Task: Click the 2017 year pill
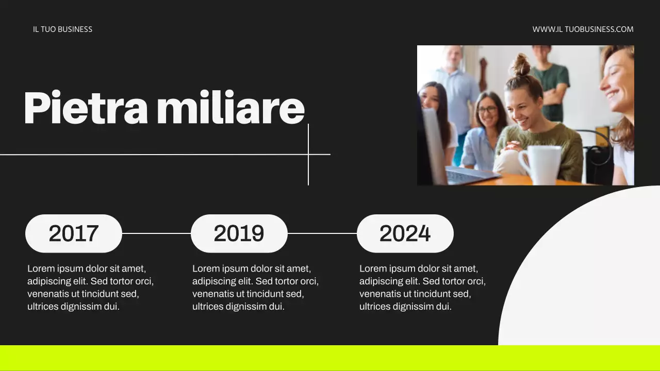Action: click(x=74, y=233)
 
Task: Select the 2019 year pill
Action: click(x=239, y=233)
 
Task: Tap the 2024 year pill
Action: click(x=405, y=233)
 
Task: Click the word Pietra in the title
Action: click(x=86, y=108)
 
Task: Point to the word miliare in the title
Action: click(x=230, y=108)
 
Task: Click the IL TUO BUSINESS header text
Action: click(x=62, y=29)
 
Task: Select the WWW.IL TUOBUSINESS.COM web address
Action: click(x=583, y=29)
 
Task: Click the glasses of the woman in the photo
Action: click(x=487, y=110)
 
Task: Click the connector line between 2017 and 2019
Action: click(x=156, y=233)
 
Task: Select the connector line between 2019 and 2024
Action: click(x=322, y=233)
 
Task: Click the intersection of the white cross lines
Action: click(x=308, y=154)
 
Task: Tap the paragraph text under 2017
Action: click(x=90, y=288)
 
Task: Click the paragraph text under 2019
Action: click(x=255, y=288)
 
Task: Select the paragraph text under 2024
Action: click(x=422, y=288)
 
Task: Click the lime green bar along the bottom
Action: click(x=330, y=358)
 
